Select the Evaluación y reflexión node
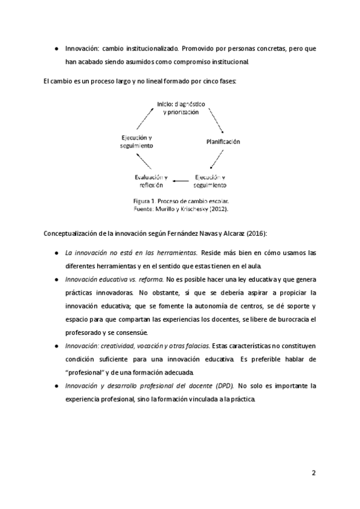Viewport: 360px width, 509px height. coord(151,181)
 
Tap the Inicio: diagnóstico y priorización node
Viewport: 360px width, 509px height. coord(181,108)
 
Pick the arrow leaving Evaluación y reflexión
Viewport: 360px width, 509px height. coord(140,160)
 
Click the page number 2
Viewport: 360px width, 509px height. coord(313,472)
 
